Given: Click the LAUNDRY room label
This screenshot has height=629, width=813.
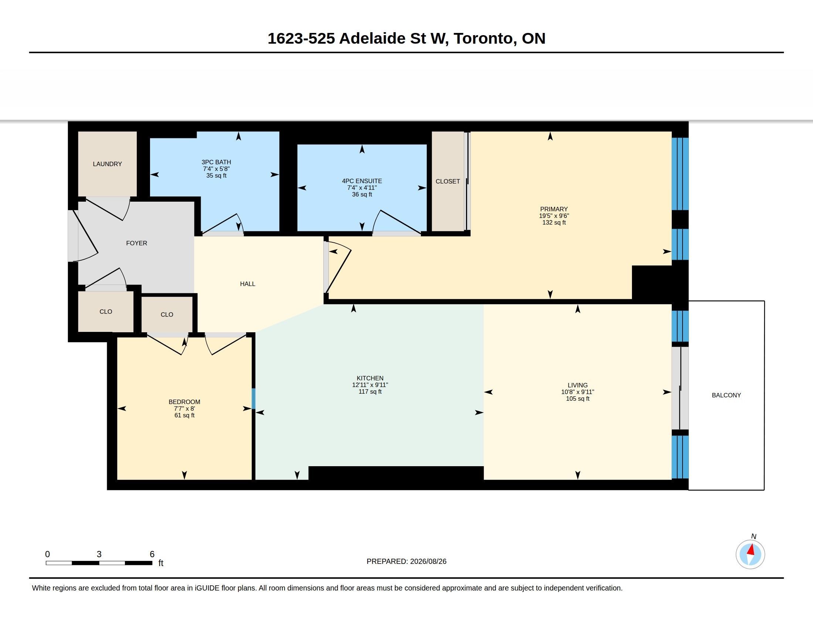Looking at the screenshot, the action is (107, 164).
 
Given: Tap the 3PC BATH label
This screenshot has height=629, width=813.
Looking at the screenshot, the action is (216, 162).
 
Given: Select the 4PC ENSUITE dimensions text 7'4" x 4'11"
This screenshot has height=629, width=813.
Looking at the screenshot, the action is (362, 188).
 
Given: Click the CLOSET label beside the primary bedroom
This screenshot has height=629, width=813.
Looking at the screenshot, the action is (448, 181).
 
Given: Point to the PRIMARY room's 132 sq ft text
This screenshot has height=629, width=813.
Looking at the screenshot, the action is (554, 222).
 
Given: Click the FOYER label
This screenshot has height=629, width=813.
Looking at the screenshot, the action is (137, 243).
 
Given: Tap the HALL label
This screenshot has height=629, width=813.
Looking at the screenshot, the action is (248, 284).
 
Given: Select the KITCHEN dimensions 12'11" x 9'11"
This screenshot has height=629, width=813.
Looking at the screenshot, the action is (370, 385).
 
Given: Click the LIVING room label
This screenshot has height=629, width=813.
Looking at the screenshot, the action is (578, 385).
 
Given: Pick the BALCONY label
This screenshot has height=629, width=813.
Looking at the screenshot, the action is (726, 396).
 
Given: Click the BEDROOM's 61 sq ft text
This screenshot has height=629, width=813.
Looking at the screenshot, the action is (184, 416).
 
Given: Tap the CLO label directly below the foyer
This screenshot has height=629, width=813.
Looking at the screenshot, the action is (106, 312).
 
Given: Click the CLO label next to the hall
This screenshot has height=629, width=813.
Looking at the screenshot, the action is (167, 314).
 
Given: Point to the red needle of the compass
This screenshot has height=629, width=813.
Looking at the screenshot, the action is (751, 550).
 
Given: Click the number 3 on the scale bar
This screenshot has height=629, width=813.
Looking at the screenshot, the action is (99, 554).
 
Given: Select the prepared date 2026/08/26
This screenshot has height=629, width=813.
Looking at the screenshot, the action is (428, 561).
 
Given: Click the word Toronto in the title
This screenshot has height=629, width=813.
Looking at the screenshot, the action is (483, 38).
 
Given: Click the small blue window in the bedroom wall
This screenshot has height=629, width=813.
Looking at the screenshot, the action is (254, 399).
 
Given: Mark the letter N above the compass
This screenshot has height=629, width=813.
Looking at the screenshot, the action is (754, 536).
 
